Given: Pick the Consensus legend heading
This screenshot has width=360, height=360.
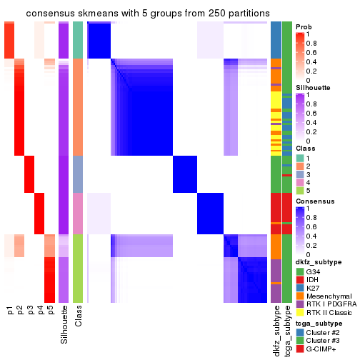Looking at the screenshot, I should click(313, 202).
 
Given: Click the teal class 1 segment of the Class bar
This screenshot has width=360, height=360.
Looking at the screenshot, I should click(79, 40).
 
